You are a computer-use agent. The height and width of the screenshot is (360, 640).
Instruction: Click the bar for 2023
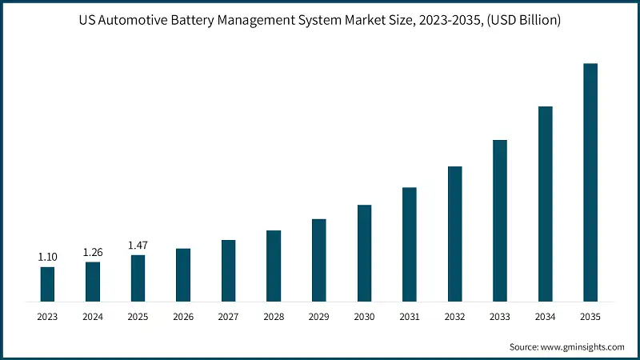pos(48,285)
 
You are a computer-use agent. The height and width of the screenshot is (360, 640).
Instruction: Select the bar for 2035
pos(590,183)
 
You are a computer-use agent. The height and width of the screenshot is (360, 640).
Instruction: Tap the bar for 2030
pos(364,254)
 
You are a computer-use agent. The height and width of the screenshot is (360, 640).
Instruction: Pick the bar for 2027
pos(229,271)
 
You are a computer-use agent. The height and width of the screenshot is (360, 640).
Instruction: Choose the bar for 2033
pos(500,222)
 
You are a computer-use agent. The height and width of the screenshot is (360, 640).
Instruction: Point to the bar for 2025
pos(138,279)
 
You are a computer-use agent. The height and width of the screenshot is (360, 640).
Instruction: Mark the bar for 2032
pos(454,234)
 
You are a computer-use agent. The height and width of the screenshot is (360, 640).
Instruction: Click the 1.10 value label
pos(48,258)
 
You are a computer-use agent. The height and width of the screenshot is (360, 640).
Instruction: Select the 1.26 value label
pos(93,252)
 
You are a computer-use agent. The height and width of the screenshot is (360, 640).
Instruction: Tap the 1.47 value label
pos(138,246)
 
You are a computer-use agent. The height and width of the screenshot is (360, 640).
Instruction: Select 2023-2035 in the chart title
pos(442,19)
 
